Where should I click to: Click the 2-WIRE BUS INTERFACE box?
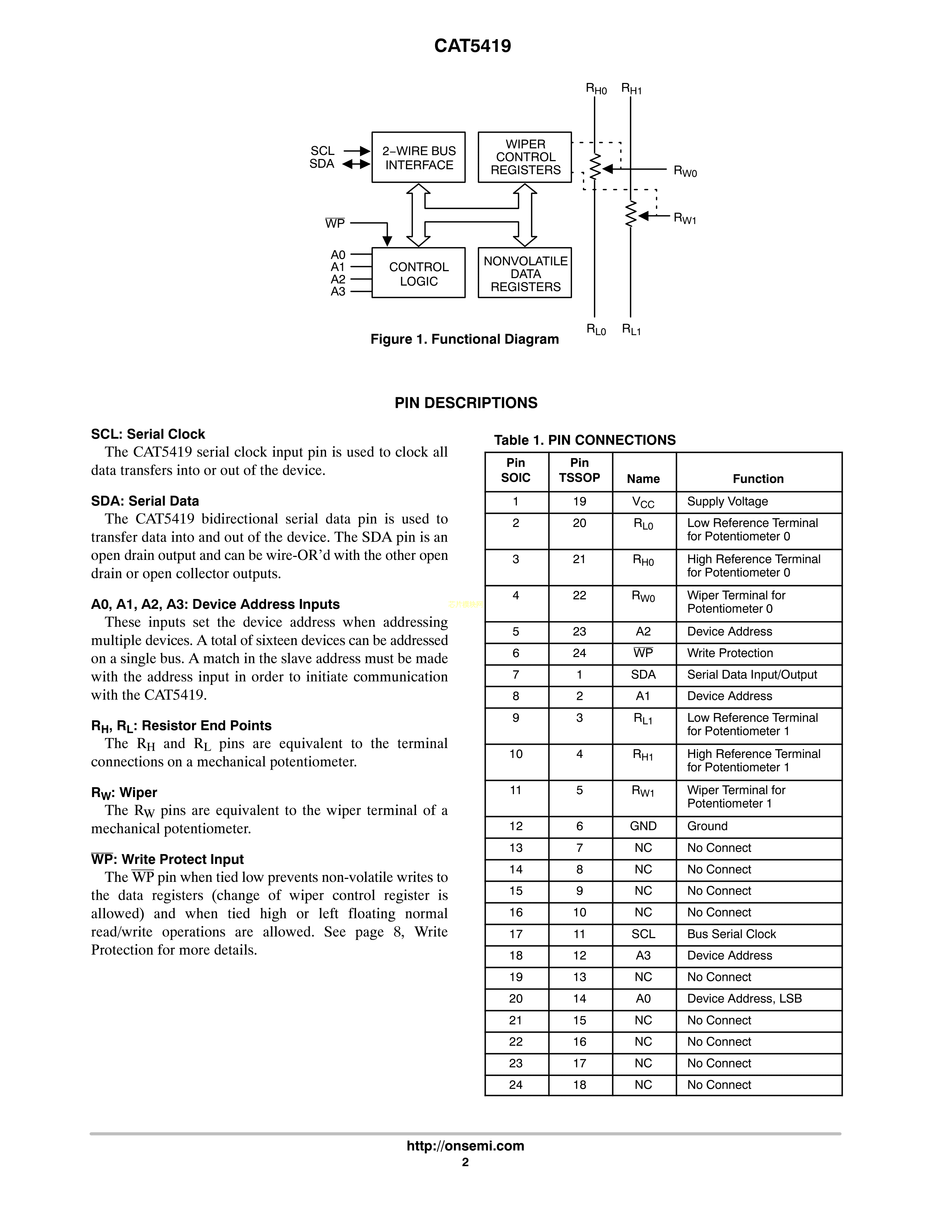tap(418, 158)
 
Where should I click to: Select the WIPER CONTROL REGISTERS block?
tap(524, 158)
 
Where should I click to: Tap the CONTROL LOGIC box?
tap(418, 273)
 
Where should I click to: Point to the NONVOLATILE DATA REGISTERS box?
tap(524, 273)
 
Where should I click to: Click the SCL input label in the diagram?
tap(322, 151)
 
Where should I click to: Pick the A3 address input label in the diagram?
tap(338, 292)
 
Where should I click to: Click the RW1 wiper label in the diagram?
tap(685, 218)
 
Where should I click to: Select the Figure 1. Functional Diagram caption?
tap(464, 339)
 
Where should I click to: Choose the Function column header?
tap(758, 479)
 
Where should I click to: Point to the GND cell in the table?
tap(643, 826)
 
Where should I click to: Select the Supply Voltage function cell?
tap(727, 501)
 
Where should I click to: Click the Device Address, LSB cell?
tap(744, 998)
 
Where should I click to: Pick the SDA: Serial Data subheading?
tap(145, 501)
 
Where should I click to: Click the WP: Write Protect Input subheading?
tap(167, 859)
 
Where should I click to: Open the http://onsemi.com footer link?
tap(465, 1146)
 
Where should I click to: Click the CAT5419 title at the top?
tap(473, 46)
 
